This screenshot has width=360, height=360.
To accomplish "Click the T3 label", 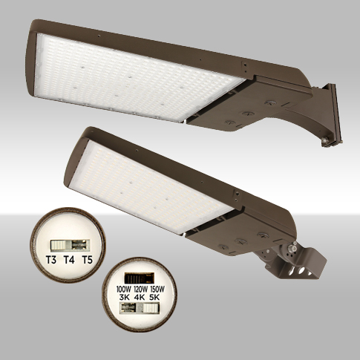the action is (x=51, y=260).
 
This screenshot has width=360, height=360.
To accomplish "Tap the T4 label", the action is (x=69, y=260).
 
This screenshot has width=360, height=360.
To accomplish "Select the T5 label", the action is (x=87, y=260).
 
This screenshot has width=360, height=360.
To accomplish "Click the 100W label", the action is (x=124, y=289).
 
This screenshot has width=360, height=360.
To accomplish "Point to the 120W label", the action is (x=141, y=289).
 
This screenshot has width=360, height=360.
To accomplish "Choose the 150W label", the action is (x=157, y=289).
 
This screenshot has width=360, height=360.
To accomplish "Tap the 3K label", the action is (x=124, y=297).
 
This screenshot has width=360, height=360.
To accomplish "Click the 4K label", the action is (x=140, y=297).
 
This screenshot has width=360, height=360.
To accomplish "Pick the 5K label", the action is (x=154, y=297).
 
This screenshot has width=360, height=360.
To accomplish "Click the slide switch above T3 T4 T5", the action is (x=70, y=245).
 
